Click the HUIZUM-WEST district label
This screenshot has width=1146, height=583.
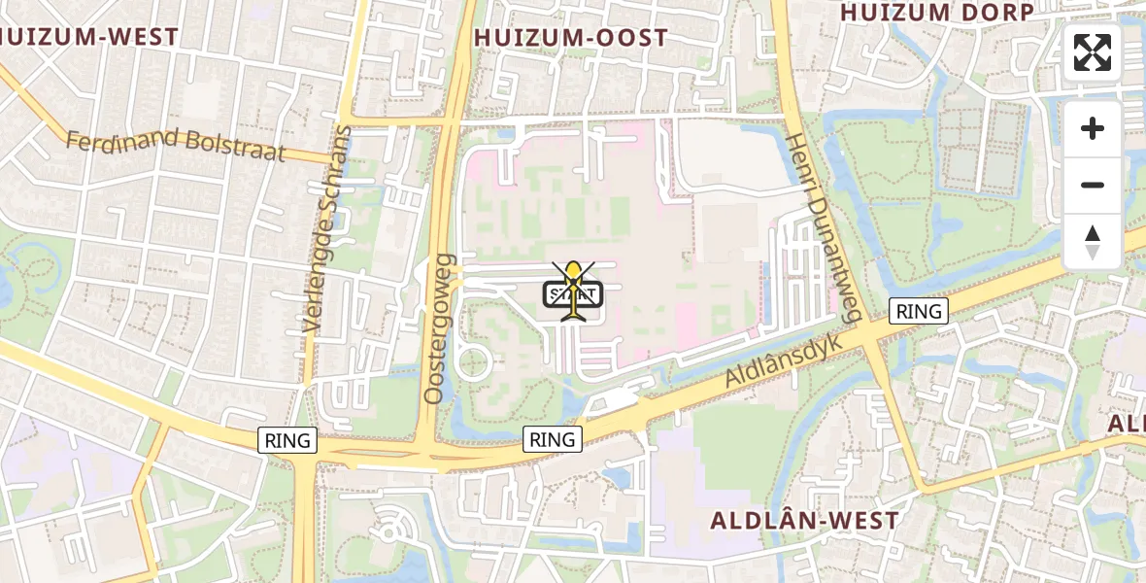89,38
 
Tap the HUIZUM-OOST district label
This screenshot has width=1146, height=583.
571,38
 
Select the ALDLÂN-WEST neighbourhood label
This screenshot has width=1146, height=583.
805,520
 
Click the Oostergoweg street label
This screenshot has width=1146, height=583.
439,328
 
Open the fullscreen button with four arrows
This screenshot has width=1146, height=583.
1093,52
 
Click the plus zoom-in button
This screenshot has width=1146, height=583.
1093,128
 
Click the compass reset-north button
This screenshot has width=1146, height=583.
1093,241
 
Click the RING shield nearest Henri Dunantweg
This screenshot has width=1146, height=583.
919,311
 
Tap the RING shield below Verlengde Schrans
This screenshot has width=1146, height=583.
288,440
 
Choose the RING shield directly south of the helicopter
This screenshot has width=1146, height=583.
553,439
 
